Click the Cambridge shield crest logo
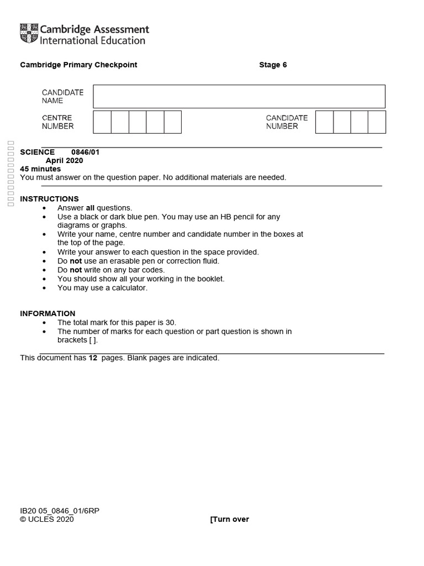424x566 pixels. (29, 33)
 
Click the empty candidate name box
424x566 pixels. (239, 96)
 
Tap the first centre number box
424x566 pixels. (102, 122)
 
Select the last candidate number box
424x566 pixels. (377, 122)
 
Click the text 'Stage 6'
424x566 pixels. (273, 65)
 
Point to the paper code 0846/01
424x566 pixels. (86, 152)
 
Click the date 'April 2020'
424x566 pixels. (64, 161)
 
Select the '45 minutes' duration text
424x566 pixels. (40, 169)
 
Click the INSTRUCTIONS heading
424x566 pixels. (49, 199)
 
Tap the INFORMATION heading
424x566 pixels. (47, 313)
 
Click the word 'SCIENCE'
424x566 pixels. (38, 152)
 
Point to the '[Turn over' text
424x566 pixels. (230, 519)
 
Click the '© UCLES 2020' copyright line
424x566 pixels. (47, 519)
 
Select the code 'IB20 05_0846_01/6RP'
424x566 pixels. (60, 511)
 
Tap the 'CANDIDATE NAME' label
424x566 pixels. (62, 96)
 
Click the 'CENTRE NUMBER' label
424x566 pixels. (57, 122)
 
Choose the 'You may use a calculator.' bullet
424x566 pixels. (103, 288)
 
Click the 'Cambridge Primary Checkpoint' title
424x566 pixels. (78, 65)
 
